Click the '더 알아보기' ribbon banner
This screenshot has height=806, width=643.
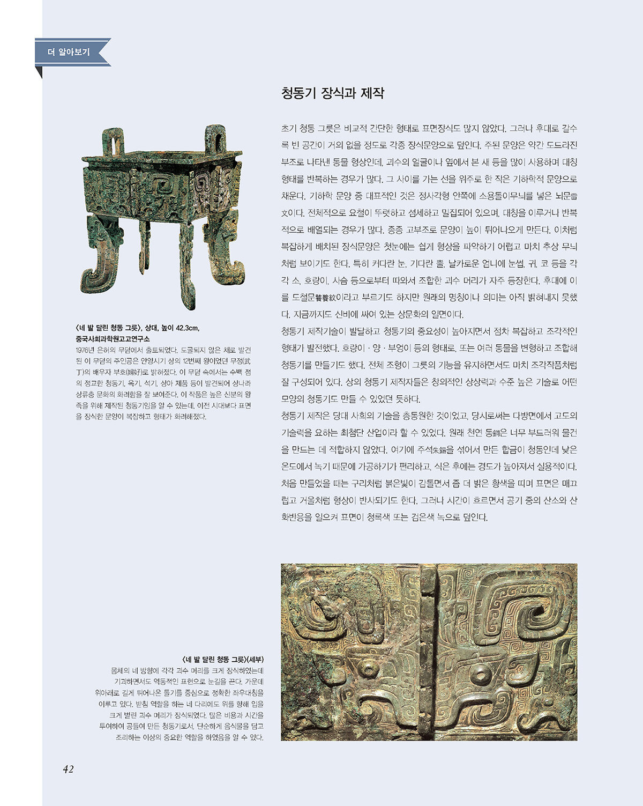[x=70, y=53]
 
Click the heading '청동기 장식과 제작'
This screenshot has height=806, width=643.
[x=333, y=93]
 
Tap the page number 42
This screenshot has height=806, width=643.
[x=68, y=769]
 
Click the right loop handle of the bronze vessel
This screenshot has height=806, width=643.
[x=215, y=138]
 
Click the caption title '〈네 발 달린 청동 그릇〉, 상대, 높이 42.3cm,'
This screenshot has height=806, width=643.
[x=138, y=328]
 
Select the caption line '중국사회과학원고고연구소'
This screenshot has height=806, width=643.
[x=113, y=339]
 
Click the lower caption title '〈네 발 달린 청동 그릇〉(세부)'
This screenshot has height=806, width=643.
[x=223, y=659]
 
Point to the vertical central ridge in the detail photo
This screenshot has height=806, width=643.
[x=429, y=652]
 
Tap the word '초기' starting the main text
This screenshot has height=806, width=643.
[x=289, y=129]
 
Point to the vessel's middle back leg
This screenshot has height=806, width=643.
[x=144, y=244]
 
